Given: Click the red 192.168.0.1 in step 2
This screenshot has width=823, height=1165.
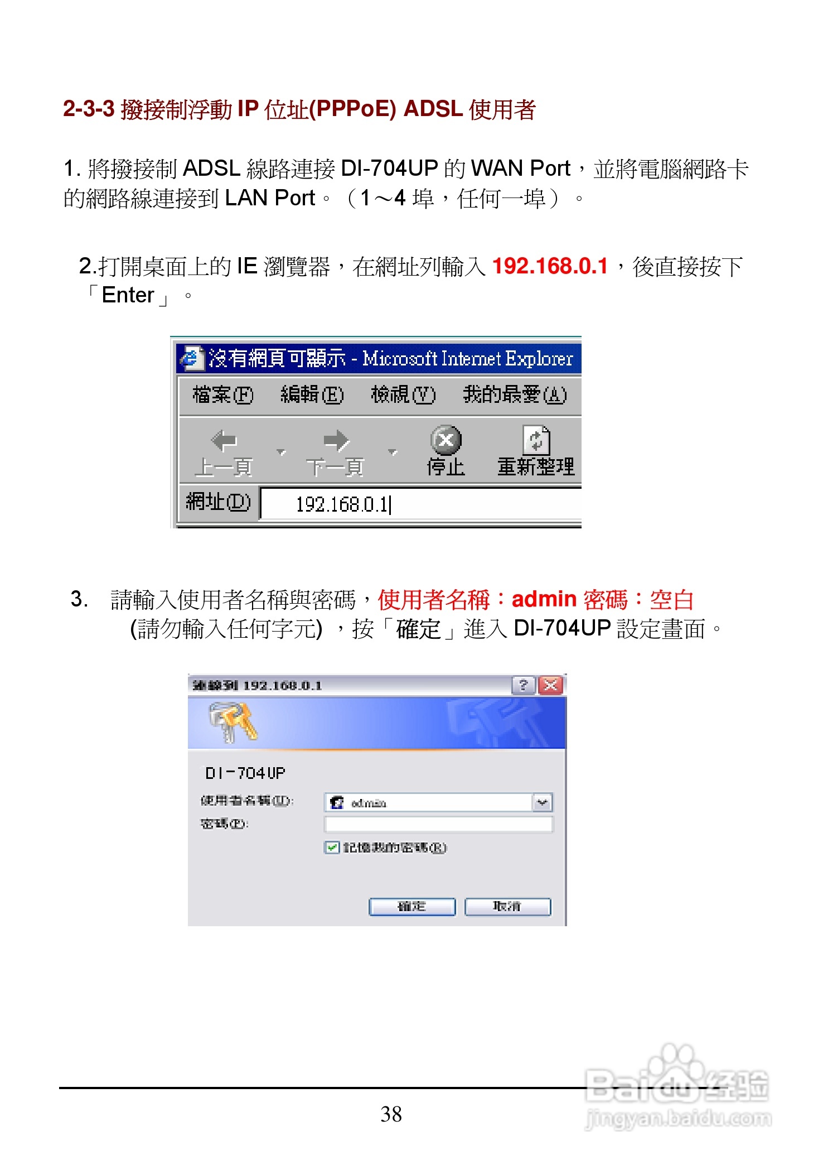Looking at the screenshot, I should click(550, 266).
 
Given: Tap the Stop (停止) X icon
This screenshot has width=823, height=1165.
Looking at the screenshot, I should click(446, 440).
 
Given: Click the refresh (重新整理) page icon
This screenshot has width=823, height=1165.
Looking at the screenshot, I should click(536, 440).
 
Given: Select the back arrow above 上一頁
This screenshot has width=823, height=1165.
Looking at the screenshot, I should click(224, 441).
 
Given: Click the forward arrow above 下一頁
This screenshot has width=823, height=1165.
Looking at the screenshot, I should click(336, 441).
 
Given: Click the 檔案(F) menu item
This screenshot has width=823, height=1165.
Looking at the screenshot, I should click(222, 394).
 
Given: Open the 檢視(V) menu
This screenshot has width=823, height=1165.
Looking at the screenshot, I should click(403, 394).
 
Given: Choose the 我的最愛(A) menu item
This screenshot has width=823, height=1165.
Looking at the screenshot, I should click(514, 394).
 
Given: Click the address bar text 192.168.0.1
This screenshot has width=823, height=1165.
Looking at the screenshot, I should click(342, 504).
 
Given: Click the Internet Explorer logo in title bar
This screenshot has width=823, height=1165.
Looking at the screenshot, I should click(191, 358).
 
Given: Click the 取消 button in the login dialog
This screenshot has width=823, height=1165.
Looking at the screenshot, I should click(507, 907).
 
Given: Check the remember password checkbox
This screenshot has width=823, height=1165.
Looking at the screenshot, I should click(332, 848).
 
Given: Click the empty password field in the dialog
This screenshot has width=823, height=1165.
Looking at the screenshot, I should click(438, 824).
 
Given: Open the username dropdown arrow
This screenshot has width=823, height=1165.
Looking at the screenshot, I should click(542, 803).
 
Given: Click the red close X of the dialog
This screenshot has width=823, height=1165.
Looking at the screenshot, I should click(551, 685).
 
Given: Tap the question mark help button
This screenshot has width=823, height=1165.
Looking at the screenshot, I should click(523, 685).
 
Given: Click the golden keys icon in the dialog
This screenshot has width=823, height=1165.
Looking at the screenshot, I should click(233, 721).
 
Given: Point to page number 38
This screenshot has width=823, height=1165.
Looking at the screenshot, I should click(391, 1114).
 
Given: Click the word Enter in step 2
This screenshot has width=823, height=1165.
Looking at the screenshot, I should click(128, 295).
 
